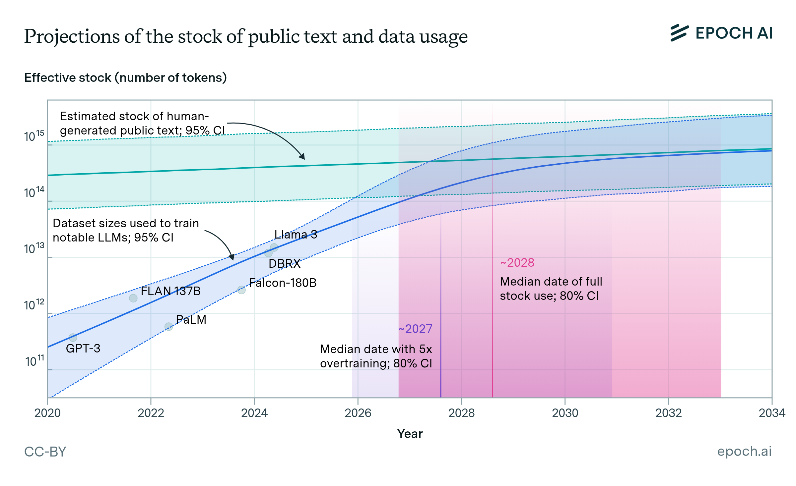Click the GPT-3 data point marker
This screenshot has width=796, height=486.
[x=73, y=337]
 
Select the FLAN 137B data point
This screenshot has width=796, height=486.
[x=133, y=298]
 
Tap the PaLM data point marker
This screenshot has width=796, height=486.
[x=169, y=327]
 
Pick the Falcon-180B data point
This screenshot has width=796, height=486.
[x=241, y=290]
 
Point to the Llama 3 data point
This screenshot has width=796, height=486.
[x=274, y=247]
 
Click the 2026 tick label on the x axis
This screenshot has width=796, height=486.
[x=358, y=413]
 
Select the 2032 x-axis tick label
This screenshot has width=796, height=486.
[x=668, y=413]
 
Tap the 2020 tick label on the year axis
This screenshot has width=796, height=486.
[x=47, y=413]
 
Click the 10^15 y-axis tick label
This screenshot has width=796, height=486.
[x=34, y=136]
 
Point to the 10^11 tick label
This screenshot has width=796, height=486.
[x=34, y=361]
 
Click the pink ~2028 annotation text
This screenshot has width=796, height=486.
[x=517, y=263]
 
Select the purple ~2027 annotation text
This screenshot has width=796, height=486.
[x=415, y=329]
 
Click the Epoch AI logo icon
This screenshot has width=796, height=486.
[x=679, y=33]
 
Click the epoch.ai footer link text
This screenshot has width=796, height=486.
[x=744, y=451]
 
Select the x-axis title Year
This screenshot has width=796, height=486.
[x=410, y=434]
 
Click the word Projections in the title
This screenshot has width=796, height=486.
[x=72, y=36]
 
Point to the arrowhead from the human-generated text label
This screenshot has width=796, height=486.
[x=302, y=157]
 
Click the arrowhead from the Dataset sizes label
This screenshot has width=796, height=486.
[x=232, y=257]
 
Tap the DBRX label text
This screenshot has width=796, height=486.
[x=284, y=264]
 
